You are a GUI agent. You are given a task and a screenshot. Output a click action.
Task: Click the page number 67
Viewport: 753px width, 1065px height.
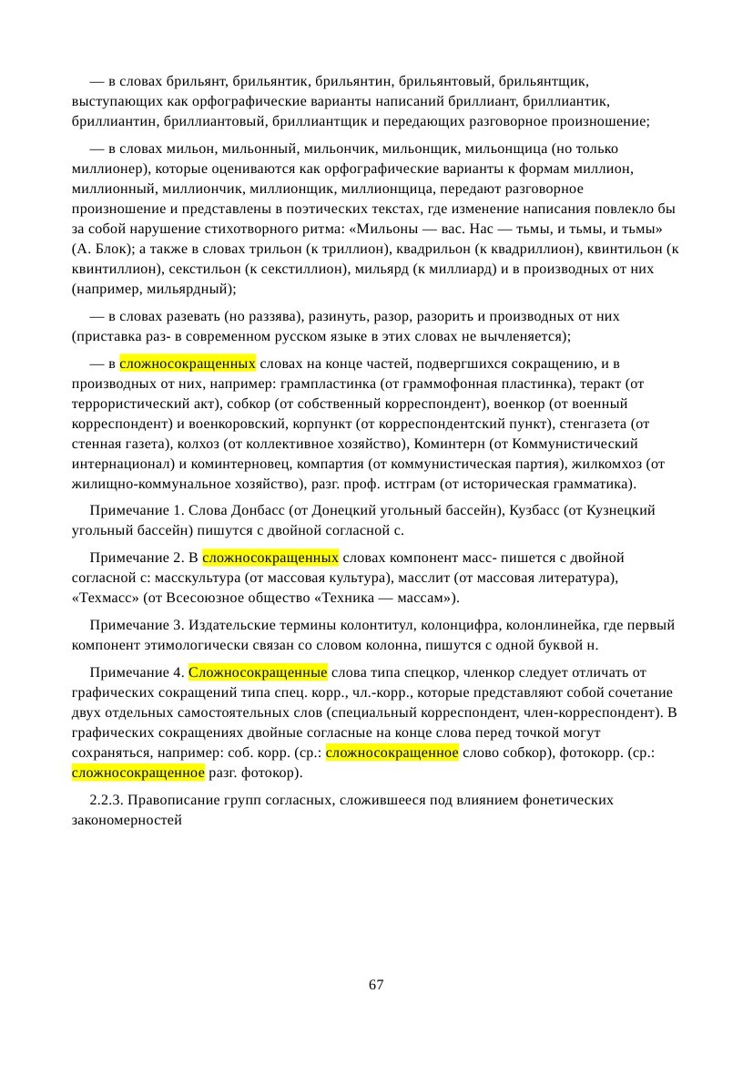point(376,986)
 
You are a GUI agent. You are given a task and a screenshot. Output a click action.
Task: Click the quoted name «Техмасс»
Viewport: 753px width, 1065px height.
point(104,598)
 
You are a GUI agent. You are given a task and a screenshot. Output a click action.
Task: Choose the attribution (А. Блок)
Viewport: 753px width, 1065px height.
point(101,249)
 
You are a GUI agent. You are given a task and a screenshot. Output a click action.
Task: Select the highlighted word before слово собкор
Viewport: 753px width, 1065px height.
point(392,753)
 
